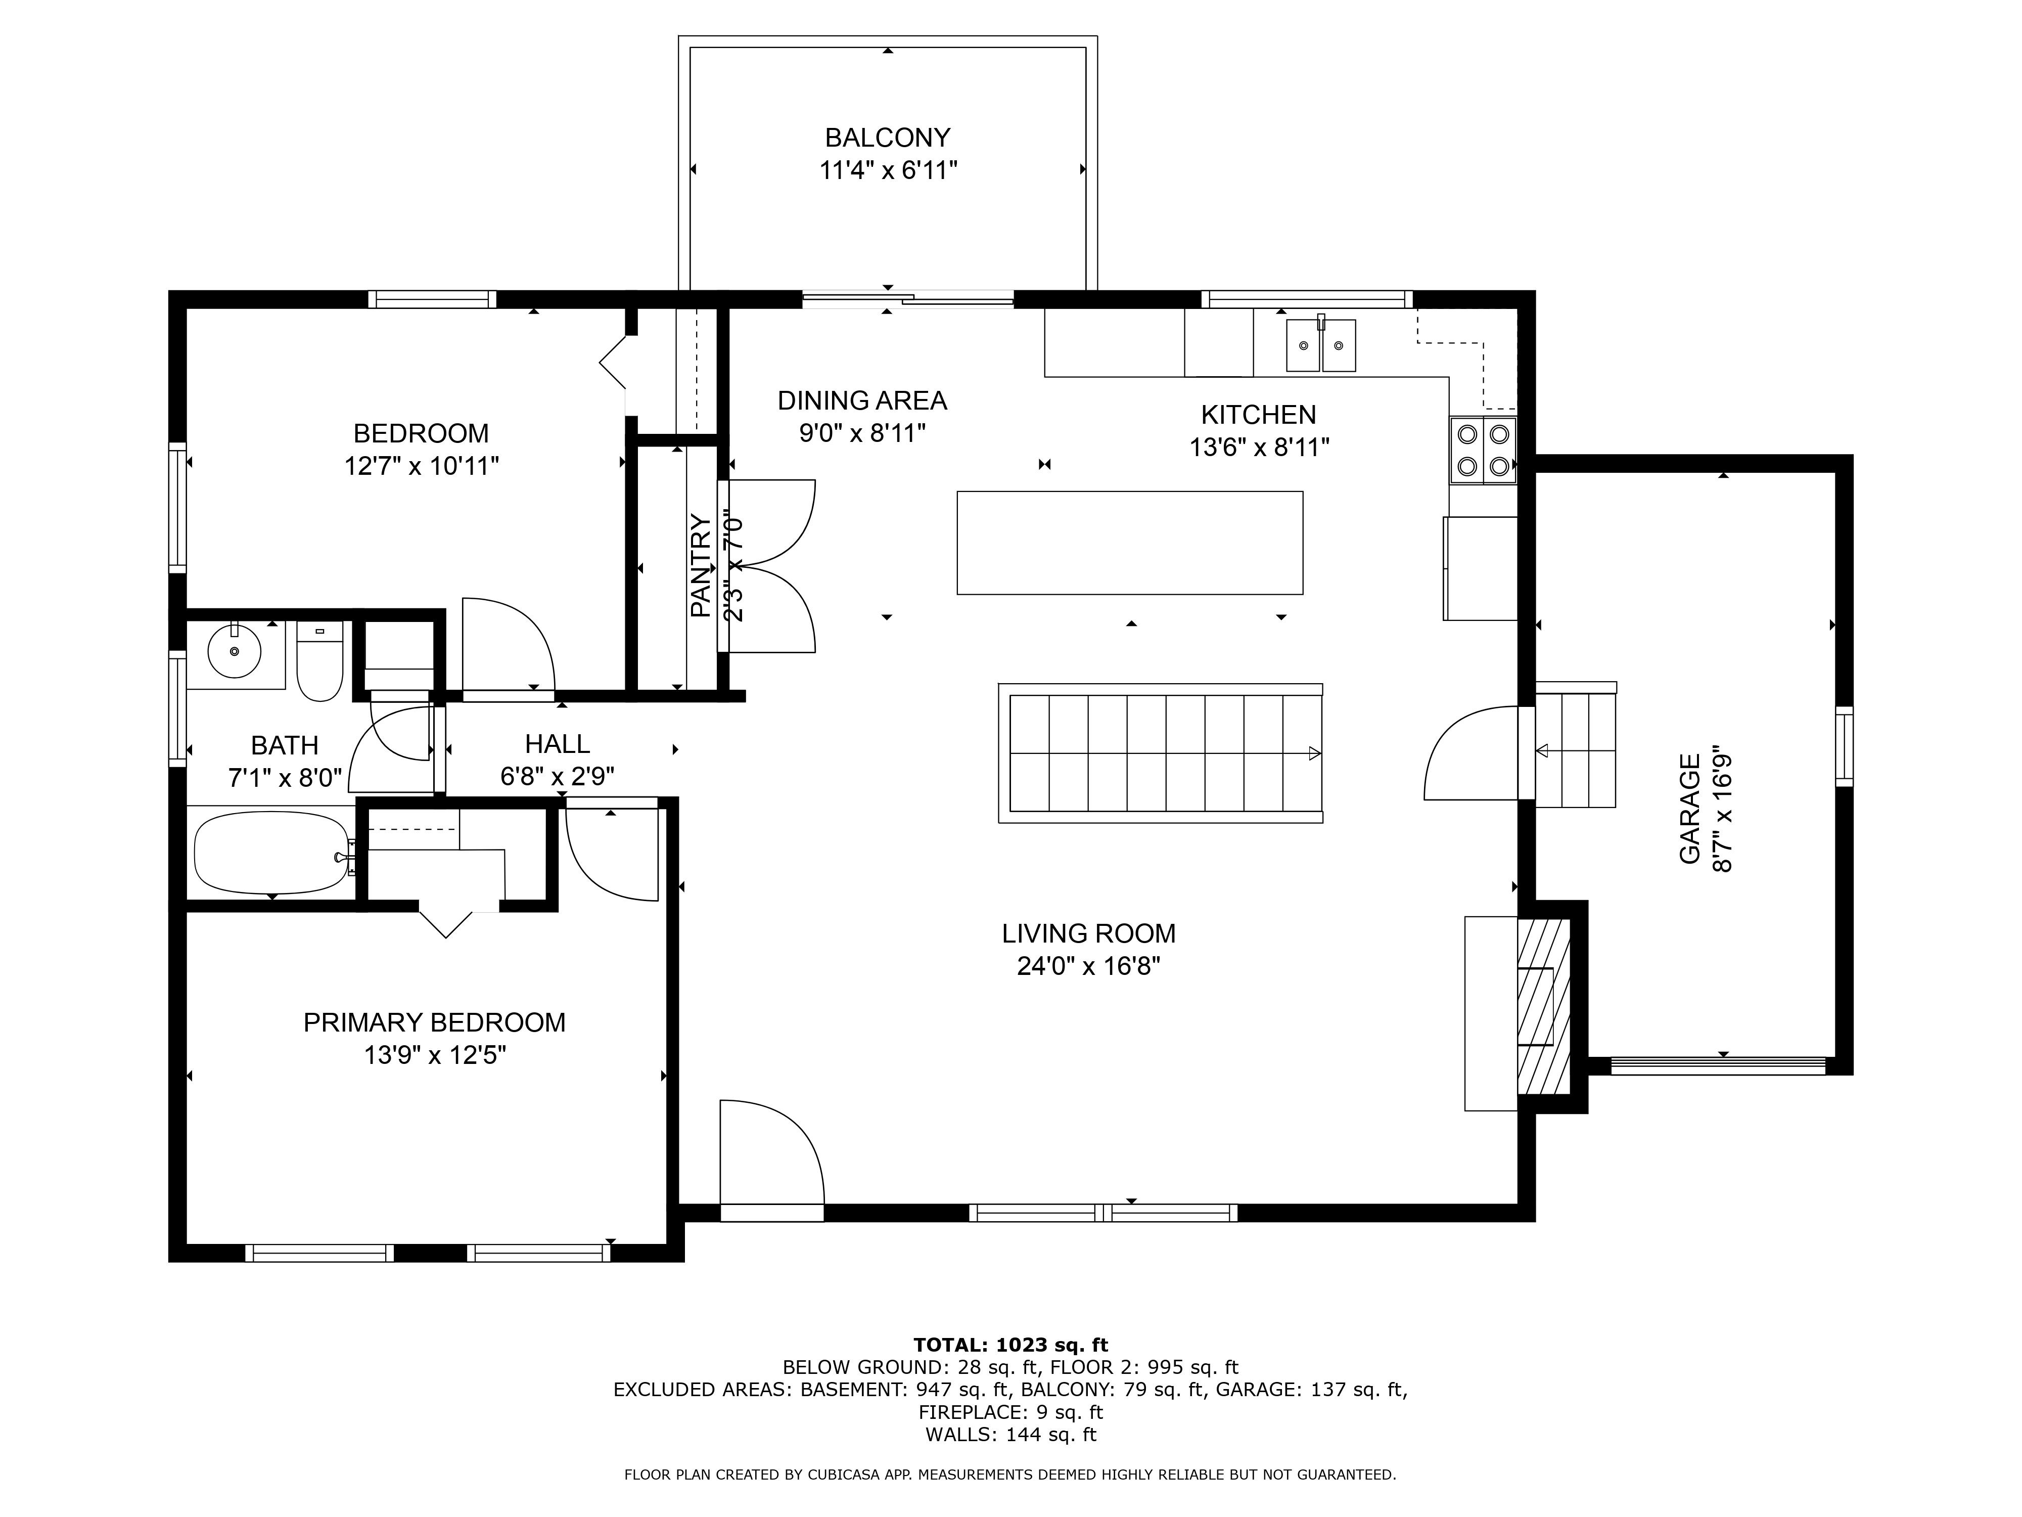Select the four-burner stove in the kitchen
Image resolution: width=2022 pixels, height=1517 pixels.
pos(1483,450)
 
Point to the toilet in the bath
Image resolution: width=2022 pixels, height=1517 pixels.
pos(320,661)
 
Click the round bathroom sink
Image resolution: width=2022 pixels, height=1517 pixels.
pos(235,651)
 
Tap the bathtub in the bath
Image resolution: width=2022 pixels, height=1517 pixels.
pos(271,853)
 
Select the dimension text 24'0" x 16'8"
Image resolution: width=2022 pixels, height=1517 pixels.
pos(1088,966)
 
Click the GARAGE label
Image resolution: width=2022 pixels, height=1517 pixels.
pos(1689,809)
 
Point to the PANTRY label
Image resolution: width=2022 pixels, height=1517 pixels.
pos(700,565)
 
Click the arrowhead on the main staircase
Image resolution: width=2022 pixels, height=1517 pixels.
pos(1314,753)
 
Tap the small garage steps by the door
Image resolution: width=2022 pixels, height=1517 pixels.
pos(1575,750)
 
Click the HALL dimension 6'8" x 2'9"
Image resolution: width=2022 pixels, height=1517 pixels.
pos(557,776)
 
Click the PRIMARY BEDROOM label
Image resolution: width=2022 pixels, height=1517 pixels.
pos(434,1022)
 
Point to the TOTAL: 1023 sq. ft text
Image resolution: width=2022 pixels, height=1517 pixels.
pos(1010,1345)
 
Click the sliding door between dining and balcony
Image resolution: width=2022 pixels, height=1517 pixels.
pos(908,298)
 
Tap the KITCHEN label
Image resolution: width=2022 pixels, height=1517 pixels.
pos(1258,415)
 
